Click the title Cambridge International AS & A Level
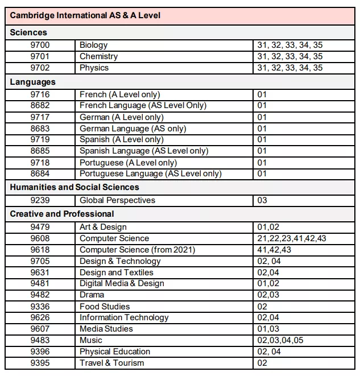[85, 15]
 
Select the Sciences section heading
[28, 32]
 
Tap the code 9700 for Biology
[40, 45]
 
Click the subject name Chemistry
[98, 56]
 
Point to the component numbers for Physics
[289, 68]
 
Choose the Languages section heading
[33, 82]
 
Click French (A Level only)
[119, 94]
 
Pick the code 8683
[40, 129]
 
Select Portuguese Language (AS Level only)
[150, 173]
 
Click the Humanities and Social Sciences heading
[75, 187]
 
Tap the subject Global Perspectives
[117, 200]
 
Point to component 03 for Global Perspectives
[262, 200]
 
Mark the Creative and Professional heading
[62, 214]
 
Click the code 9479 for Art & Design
[40, 227]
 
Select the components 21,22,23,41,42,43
[291, 238]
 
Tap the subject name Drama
[92, 295]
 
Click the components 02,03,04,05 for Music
[280, 340]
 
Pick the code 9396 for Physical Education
[40, 352]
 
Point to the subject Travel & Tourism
[111, 363]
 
